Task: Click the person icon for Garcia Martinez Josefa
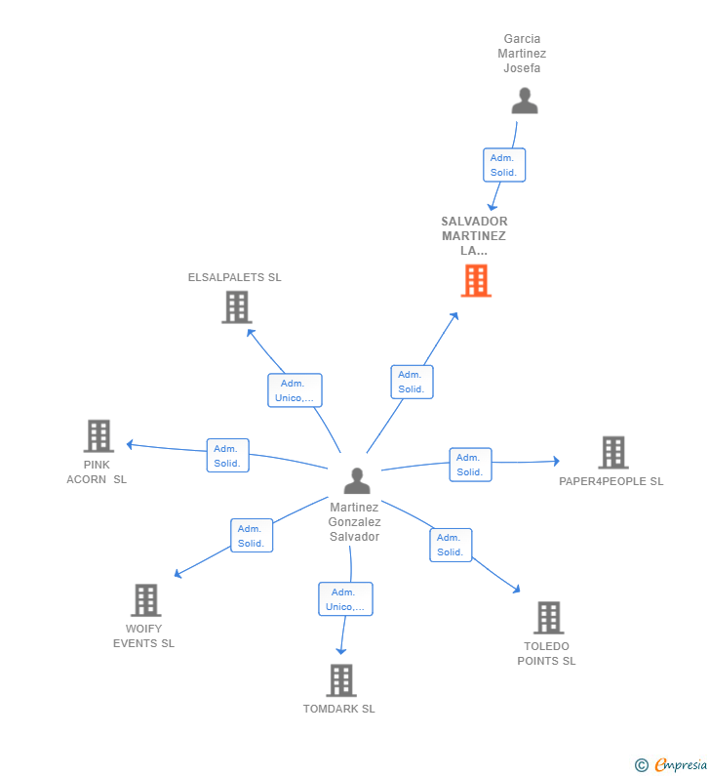click(525, 101)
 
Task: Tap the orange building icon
click(476, 280)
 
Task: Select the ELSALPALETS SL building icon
click(237, 307)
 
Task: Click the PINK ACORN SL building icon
click(99, 436)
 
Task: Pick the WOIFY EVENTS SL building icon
click(146, 600)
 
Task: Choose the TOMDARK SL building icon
click(341, 680)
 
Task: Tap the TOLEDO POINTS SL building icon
click(549, 618)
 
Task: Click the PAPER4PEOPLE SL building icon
click(613, 452)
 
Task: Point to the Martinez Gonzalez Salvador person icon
click(357, 480)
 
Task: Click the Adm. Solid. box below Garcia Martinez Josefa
click(504, 165)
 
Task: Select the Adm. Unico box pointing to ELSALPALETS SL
click(295, 390)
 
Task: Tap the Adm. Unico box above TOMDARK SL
click(345, 598)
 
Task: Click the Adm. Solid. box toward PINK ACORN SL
click(228, 455)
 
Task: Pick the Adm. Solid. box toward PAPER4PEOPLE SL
click(471, 465)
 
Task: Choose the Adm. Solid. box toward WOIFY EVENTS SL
click(252, 536)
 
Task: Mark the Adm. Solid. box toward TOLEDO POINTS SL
click(451, 545)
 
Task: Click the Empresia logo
click(671, 764)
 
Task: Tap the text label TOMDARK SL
click(339, 709)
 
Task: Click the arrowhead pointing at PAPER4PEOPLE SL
click(556, 461)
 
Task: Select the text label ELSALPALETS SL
click(234, 277)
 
